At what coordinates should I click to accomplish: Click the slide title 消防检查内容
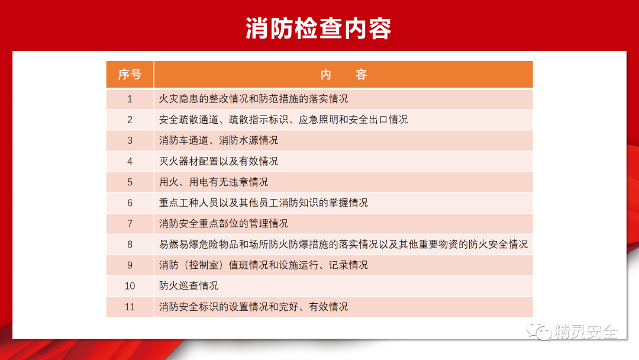point(318,28)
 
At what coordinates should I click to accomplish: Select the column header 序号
point(130,75)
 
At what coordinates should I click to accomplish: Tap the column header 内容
point(344,75)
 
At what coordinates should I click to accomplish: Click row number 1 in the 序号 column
point(130,99)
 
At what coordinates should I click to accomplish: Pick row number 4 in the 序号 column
point(130,162)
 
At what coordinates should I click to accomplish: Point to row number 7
point(130,224)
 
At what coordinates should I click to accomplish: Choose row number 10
point(130,286)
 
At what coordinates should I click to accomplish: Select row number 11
point(130,307)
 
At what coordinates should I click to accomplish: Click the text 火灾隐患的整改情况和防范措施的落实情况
point(253,99)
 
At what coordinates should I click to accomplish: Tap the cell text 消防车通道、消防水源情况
point(218,141)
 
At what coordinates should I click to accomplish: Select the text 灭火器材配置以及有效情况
point(218,162)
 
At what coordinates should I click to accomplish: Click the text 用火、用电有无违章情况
point(214,182)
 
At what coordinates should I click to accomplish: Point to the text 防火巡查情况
point(189,286)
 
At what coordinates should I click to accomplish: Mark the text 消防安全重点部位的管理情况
point(223,224)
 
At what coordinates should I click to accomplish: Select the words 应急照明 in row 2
point(318,120)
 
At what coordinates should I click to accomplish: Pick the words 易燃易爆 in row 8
point(179,245)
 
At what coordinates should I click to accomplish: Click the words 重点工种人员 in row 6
point(189,203)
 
